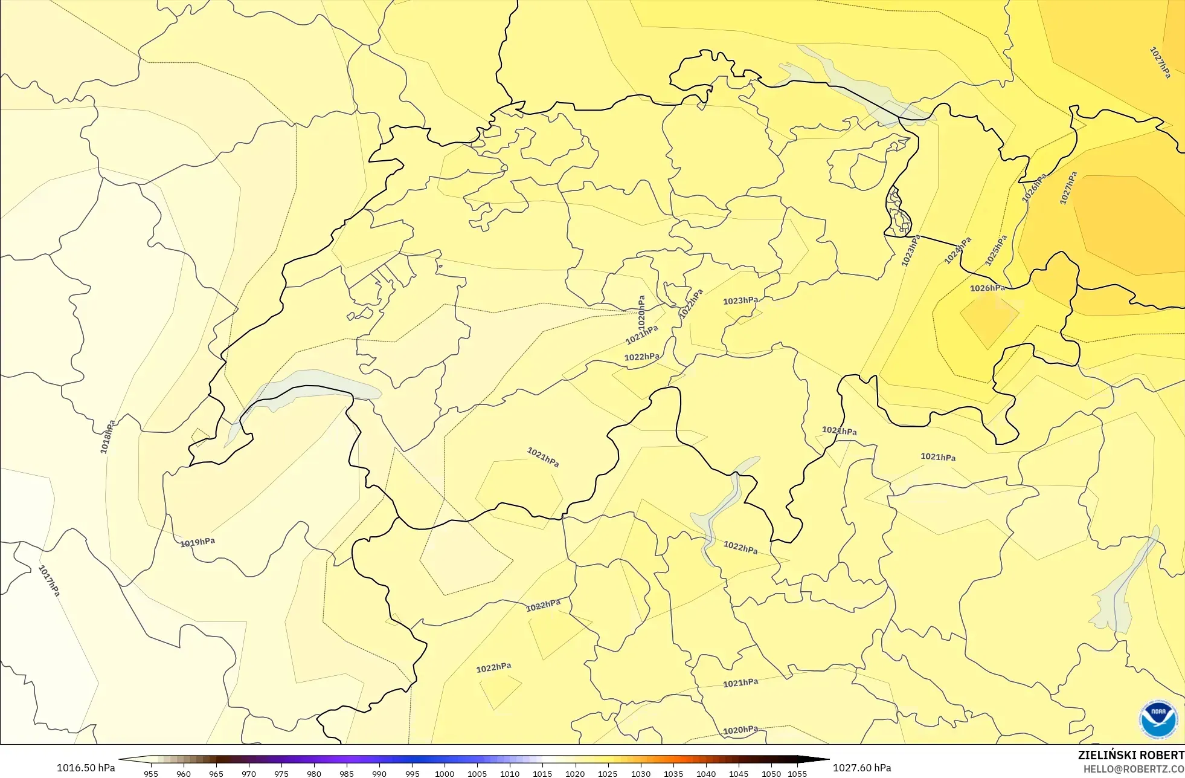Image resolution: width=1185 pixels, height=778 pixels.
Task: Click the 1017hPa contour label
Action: click(50, 580)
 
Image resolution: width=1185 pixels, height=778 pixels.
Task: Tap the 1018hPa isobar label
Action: click(108, 436)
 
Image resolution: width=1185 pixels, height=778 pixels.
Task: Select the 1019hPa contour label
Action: click(197, 542)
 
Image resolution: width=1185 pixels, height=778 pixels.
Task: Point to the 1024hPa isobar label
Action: click(958, 250)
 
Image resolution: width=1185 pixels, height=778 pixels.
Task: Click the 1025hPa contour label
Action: click(996, 250)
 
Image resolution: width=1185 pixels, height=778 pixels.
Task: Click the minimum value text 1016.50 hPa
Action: click(86, 768)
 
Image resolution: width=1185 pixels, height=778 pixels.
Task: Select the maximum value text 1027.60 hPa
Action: click(862, 768)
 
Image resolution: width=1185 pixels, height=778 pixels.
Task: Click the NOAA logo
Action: click(1158, 719)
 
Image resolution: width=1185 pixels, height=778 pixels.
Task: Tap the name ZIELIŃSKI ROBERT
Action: click(1131, 755)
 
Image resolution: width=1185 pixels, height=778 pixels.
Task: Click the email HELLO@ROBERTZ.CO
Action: click(1133, 769)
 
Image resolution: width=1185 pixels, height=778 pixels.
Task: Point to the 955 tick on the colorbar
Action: click(151, 774)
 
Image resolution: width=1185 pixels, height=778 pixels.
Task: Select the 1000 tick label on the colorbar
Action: click(445, 774)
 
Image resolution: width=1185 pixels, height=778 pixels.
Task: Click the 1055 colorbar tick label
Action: click(797, 774)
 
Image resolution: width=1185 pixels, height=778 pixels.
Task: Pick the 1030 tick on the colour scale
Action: click(641, 774)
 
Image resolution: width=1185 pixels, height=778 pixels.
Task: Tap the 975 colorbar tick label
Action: click(281, 774)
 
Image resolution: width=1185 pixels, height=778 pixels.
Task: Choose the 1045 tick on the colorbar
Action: click(739, 774)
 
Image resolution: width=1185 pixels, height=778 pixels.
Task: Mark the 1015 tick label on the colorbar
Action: click(542, 774)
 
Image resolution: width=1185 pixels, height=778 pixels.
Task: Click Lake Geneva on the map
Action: click(302, 384)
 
